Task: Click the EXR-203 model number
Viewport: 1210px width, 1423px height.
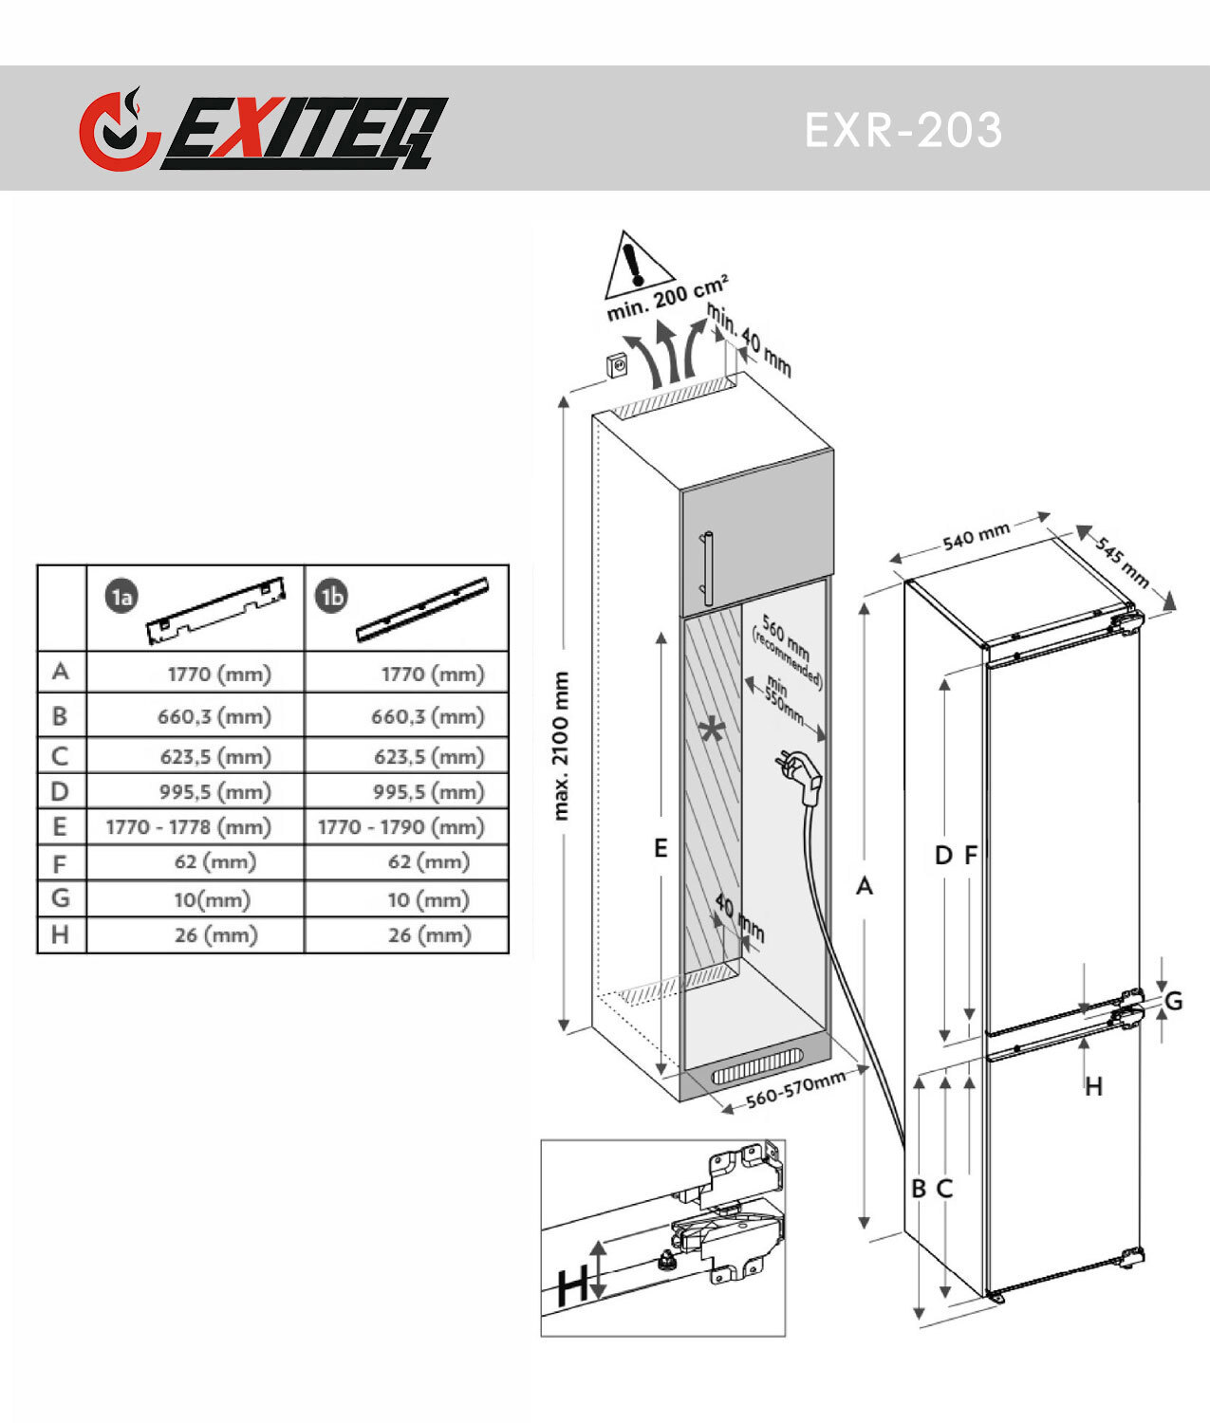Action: point(903,129)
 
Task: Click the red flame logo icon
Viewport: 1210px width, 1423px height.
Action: point(119,129)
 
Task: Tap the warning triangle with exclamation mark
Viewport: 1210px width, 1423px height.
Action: point(638,265)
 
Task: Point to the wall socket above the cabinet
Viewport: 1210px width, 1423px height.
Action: point(616,365)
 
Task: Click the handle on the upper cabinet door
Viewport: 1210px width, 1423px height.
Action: point(707,568)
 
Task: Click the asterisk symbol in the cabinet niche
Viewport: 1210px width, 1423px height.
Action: point(712,730)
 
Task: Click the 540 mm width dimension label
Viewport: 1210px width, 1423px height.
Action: point(977,536)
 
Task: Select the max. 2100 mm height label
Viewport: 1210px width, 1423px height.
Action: point(561,746)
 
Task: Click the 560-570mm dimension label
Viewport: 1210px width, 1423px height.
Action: point(795,1089)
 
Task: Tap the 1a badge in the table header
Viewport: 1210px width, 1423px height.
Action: point(121,596)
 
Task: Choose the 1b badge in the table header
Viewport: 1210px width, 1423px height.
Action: point(331,596)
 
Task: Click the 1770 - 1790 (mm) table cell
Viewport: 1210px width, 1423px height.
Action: point(401,826)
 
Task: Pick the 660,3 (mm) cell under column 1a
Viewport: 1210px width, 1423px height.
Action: point(214,716)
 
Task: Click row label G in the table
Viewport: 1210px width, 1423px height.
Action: point(61,897)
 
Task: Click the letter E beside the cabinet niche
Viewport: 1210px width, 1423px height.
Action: point(661,848)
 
